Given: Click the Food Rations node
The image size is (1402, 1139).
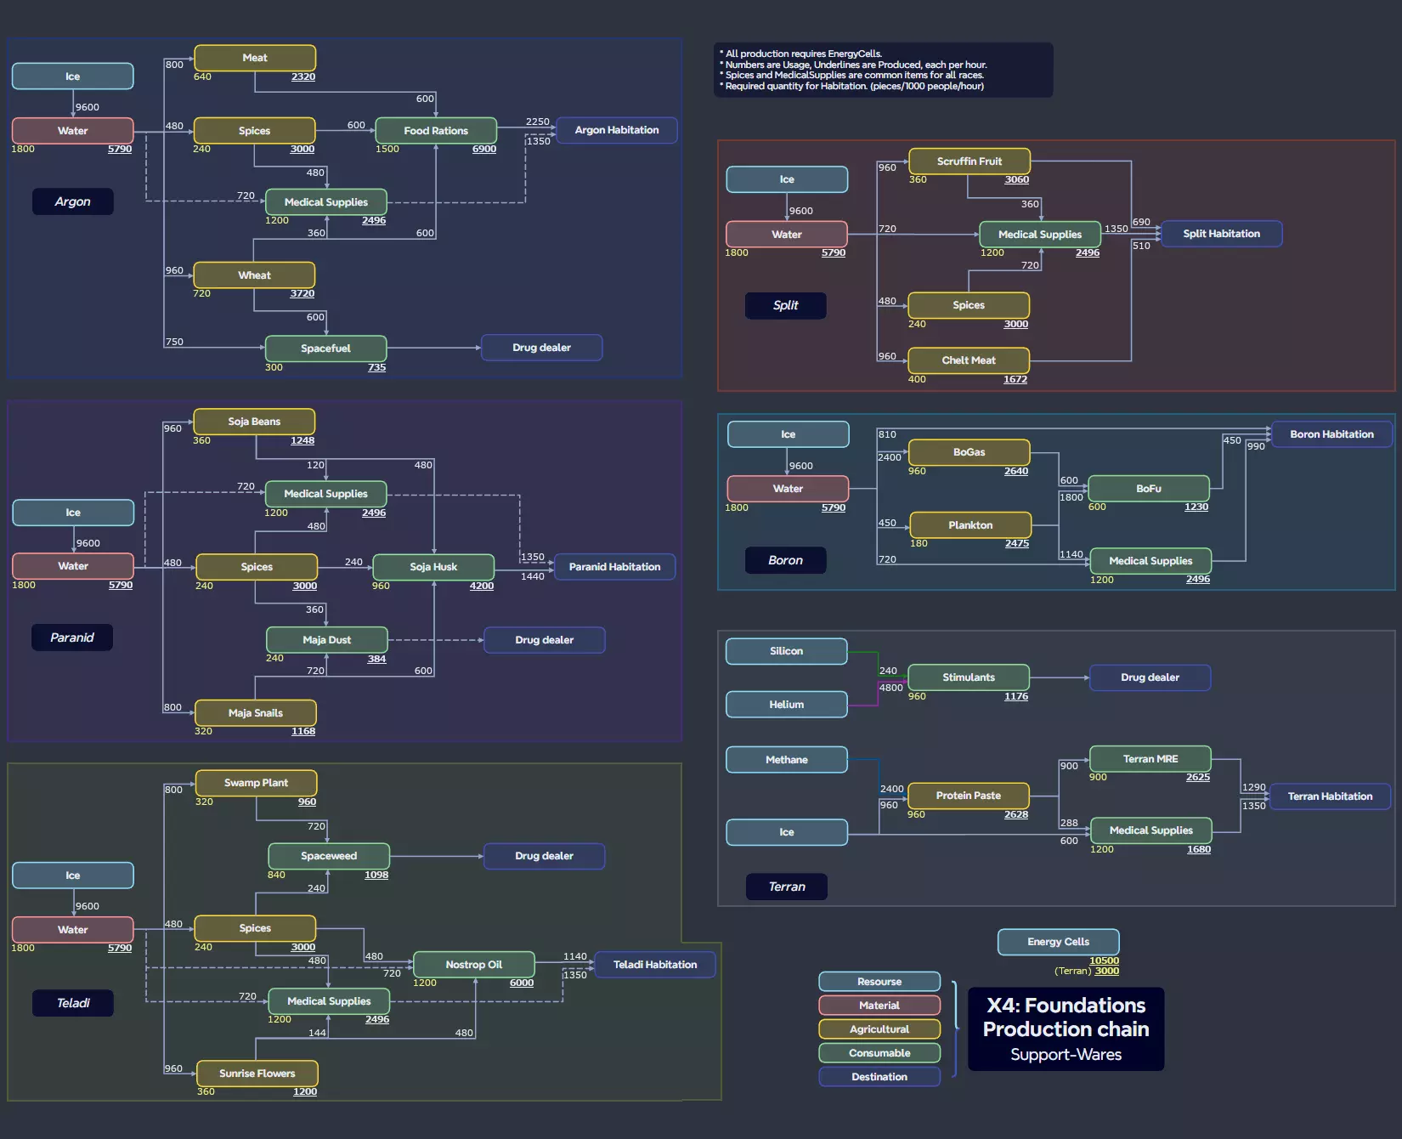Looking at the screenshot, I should [436, 131].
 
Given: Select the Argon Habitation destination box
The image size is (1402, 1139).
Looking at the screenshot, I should [616, 130].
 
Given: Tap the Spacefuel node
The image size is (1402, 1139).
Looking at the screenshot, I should [325, 348].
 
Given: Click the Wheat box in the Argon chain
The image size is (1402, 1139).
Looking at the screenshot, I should [254, 275].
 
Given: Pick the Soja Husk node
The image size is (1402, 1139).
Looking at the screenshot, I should [433, 567].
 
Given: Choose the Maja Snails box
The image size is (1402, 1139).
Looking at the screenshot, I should [255, 713].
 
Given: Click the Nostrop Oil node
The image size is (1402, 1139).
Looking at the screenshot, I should [473, 965].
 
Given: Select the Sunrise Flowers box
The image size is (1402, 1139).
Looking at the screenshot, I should [257, 1074].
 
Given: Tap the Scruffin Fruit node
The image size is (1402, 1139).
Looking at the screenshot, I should [969, 161].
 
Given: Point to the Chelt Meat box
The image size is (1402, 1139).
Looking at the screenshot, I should [968, 360].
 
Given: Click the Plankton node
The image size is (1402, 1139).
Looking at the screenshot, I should [970, 525].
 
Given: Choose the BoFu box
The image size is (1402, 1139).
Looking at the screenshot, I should [1148, 489].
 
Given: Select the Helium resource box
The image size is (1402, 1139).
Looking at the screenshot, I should [786, 705].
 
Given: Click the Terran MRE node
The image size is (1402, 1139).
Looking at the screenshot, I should [1150, 759].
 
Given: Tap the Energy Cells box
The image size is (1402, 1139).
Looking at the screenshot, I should [1058, 942].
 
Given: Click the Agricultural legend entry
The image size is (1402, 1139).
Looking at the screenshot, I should [879, 1029].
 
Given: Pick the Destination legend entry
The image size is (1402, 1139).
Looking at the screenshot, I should [879, 1077].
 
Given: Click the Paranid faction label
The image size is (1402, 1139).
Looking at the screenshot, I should [72, 637].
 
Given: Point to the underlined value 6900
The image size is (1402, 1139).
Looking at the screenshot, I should [484, 150].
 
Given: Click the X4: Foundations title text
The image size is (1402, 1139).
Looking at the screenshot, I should [1066, 1006].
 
